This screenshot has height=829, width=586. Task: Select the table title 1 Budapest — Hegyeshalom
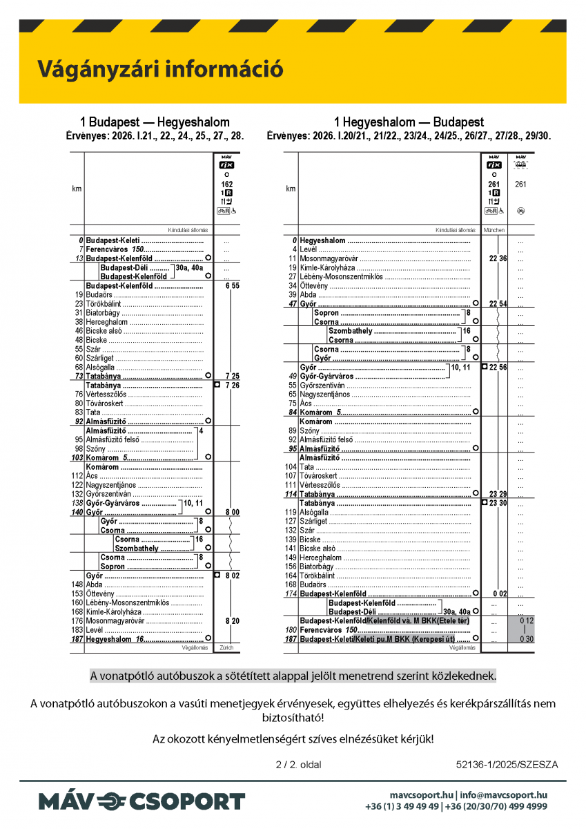[155, 122]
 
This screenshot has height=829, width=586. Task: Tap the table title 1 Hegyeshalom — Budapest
[409, 122]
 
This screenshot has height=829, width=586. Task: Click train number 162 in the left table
[227, 184]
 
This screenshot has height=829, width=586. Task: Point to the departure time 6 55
[232, 285]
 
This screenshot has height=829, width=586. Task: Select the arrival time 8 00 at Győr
[232, 512]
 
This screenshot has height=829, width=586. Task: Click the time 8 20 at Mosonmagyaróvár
[232, 621]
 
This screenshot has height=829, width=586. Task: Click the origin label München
[494, 230]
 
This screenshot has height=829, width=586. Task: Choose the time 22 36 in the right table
[498, 258]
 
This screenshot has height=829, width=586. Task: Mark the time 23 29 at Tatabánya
[498, 494]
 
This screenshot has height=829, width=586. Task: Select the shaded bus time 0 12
[527, 621]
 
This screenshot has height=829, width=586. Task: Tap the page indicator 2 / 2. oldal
[298, 765]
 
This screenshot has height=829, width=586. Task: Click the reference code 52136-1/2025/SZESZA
[507, 765]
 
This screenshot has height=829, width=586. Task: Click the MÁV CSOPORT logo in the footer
[141, 801]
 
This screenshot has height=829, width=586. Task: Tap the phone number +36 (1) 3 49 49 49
[402, 806]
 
